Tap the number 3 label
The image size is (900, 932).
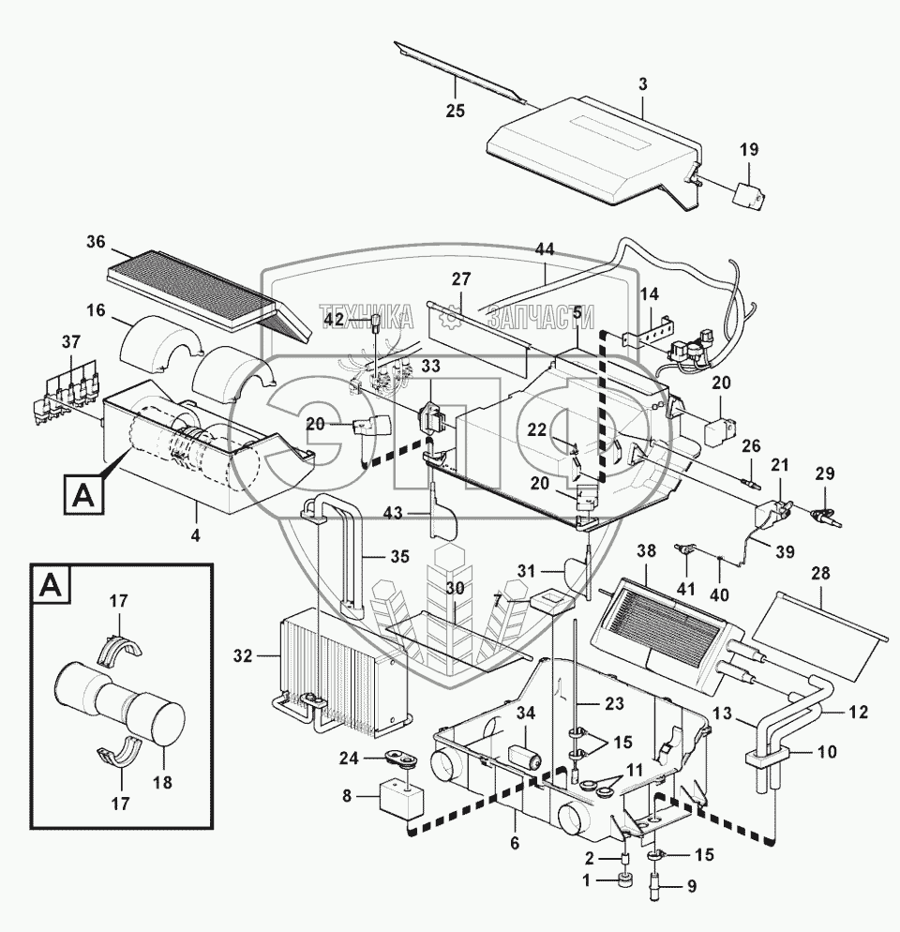click(642, 84)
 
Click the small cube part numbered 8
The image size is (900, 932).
click(397, 803)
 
